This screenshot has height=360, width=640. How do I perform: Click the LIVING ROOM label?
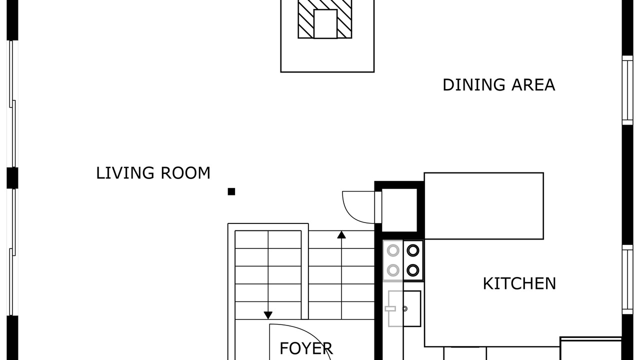[x=153, y=173]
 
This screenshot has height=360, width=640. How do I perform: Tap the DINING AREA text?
[x=499, y=85]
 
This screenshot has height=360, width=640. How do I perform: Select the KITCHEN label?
[x=519, y=283]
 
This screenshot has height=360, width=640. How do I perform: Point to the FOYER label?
[x=306, y=348]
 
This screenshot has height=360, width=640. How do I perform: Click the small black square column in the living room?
[x=231, y=191]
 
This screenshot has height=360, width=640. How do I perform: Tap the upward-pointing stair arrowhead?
[x=341, y=235]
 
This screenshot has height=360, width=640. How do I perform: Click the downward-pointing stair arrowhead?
[x=268, y=315]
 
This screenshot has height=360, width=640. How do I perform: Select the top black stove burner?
[x=413, y=250]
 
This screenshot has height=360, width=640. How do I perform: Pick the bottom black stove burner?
[x=413, y=270]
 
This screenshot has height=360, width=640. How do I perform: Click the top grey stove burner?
[x=393, y=250]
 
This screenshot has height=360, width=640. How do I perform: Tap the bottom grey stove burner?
[x=393, y=270]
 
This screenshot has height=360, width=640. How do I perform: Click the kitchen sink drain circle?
[x=405, y=308]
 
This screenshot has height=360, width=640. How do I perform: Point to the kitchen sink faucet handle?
[x=390, y=308]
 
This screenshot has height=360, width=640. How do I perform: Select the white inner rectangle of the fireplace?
[x=325, y=24]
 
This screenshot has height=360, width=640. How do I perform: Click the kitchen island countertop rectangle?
[x=483, y=206]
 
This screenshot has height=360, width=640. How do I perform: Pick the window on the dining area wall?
[x=627, y=90]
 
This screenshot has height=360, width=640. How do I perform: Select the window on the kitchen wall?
[x=627, y=279]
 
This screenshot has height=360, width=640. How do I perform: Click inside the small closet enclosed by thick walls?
[x=399, y=210]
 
